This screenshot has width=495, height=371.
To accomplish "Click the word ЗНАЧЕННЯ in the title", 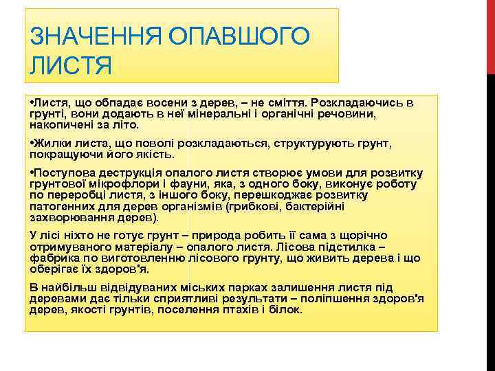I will pos(80,36).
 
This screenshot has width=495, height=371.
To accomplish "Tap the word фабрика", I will pos(53,258).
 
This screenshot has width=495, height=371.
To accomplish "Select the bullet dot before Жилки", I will pos(32,145).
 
